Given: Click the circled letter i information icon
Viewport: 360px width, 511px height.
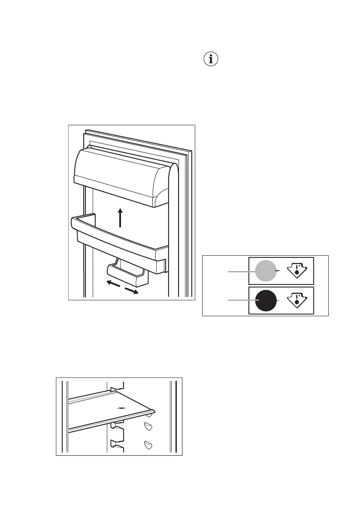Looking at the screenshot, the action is pos(210,60).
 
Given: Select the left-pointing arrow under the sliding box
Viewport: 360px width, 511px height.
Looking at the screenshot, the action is pos(113,284).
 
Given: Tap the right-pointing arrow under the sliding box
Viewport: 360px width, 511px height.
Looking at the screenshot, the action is pos(132,290).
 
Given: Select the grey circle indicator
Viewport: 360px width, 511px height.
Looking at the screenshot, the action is pos(266,271).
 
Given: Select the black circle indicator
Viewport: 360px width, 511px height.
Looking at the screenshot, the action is pos(266,301).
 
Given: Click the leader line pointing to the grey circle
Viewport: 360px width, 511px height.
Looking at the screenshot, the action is pos(240,271).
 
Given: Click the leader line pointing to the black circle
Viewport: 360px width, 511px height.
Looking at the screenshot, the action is pos(240,301).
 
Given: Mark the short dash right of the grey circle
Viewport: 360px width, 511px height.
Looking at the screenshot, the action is pos(279,271).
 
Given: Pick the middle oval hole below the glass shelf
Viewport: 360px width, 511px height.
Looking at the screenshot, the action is pos(149,426).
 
